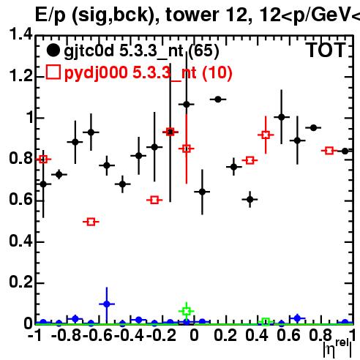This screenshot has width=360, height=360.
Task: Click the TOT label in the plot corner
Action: (x=326, y=50)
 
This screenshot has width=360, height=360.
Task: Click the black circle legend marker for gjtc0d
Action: (x=53, y=50)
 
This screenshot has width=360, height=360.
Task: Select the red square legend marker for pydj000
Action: (x=53, y=72)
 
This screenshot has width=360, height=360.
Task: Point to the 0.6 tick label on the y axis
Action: (x=20, y=199)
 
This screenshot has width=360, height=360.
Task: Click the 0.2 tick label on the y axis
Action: (x=20, y=282)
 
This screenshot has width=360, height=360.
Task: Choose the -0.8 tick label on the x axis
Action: (x=66, y=335)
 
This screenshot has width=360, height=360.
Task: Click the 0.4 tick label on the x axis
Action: (x=257, y=335)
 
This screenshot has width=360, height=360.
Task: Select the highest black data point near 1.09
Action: (x=218, y=100)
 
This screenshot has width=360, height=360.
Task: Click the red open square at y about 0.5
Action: (x=91, y=222)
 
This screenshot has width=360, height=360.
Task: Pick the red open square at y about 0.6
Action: (x=154, y=200)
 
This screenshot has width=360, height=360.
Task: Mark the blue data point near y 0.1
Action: (x=107, y=304)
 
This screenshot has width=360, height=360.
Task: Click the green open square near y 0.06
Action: (x=187, y=311)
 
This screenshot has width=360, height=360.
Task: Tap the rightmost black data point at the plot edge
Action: (x=345, y=151)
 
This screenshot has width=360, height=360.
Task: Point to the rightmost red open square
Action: (x=329, y=151)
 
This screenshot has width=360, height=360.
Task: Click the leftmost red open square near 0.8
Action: (x=43, y=160)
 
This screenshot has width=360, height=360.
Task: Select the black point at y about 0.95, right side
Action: (x=313, y=127)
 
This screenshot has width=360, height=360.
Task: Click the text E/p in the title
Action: (x=50, y=15)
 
